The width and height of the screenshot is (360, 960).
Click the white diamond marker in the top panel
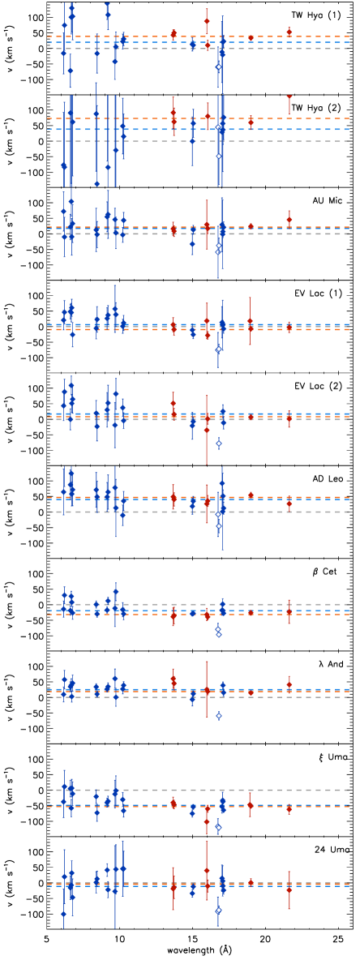(x=219, y=66)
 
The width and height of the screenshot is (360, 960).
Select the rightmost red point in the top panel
(x=289, y=32)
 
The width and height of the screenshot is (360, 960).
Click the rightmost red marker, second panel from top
(x=289, y=96)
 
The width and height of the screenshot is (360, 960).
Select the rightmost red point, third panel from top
(x=289, y=219)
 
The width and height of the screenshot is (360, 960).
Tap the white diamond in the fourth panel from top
(x=218, y=349)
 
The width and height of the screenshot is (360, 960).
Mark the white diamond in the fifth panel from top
(x=219, y=443)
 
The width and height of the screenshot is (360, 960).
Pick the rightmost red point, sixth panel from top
(x=289, y=504)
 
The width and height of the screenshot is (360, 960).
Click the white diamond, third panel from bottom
(x=219, y=715)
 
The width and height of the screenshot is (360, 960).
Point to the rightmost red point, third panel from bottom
(x=289, y=684)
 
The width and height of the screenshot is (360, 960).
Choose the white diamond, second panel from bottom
(x=219, y=827)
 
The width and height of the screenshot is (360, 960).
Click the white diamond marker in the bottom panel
(x=218, y=911)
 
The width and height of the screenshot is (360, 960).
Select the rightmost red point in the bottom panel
(x=289, y=889)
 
